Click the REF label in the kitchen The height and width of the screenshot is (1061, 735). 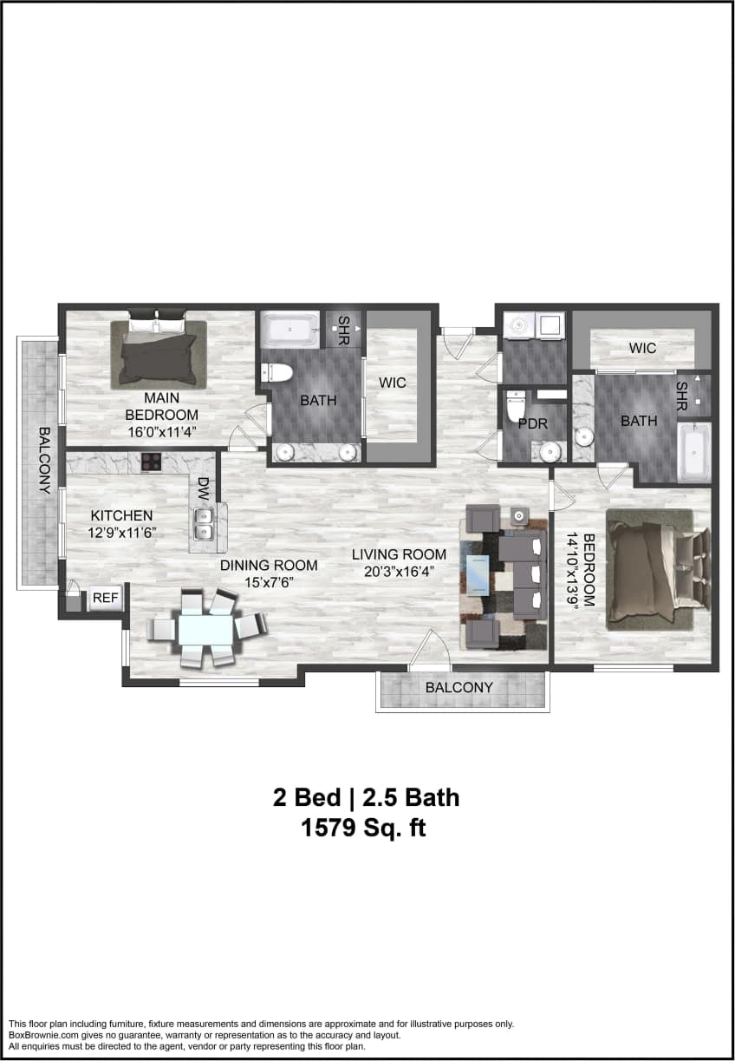tap(105, 598)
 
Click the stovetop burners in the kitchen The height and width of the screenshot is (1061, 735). tap(152, 462)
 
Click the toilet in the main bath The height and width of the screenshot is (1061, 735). tap(276, 373)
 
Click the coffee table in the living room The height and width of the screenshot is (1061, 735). tap(478, 573)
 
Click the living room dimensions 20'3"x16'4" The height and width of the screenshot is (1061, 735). tap(399, 570)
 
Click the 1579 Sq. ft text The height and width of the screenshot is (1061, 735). tap(363, 828)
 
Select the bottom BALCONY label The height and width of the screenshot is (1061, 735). tap(459, 688)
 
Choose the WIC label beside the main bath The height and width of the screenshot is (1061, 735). tap(392, 383)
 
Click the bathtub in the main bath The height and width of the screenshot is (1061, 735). tap(291, 330)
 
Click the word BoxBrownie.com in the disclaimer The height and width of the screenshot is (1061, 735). tap(42, 1035)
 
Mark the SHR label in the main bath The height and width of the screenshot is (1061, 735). tap(343, 329)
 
